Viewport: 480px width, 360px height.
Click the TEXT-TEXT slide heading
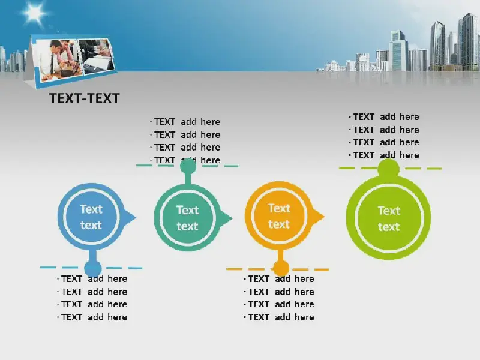[x=85, y=98]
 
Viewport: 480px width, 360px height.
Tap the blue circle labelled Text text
[x=91, y=217]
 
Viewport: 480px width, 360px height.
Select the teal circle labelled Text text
[x=188, y=217]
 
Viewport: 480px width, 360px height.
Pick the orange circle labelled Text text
[x=279, y=216]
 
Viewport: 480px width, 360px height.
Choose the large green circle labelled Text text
[x=388, y=218]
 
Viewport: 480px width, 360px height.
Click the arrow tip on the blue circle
[x=136, y=218]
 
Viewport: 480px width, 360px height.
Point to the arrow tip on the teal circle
[x=232, y=218]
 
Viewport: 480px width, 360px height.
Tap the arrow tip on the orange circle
[x=325, y=217]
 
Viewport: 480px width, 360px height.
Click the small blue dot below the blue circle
[x=93, y=269]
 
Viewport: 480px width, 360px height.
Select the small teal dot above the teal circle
[x=188, y=166]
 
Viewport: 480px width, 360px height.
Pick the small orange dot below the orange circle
[x=281, y=268]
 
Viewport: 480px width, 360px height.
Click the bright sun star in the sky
[x=34, y=13]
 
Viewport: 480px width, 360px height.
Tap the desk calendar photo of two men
[x=58, y=61]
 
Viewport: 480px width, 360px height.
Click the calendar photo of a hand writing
[x=97, y=56]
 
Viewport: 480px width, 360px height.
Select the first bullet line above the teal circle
[x=185, y=122]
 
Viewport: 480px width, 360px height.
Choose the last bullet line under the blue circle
[x=92, y=317]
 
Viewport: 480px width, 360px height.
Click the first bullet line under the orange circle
[x=279, y=279]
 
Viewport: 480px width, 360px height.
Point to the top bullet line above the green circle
[x=384, y=117]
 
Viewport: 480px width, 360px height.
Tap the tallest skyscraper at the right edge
[x=468, y=43]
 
